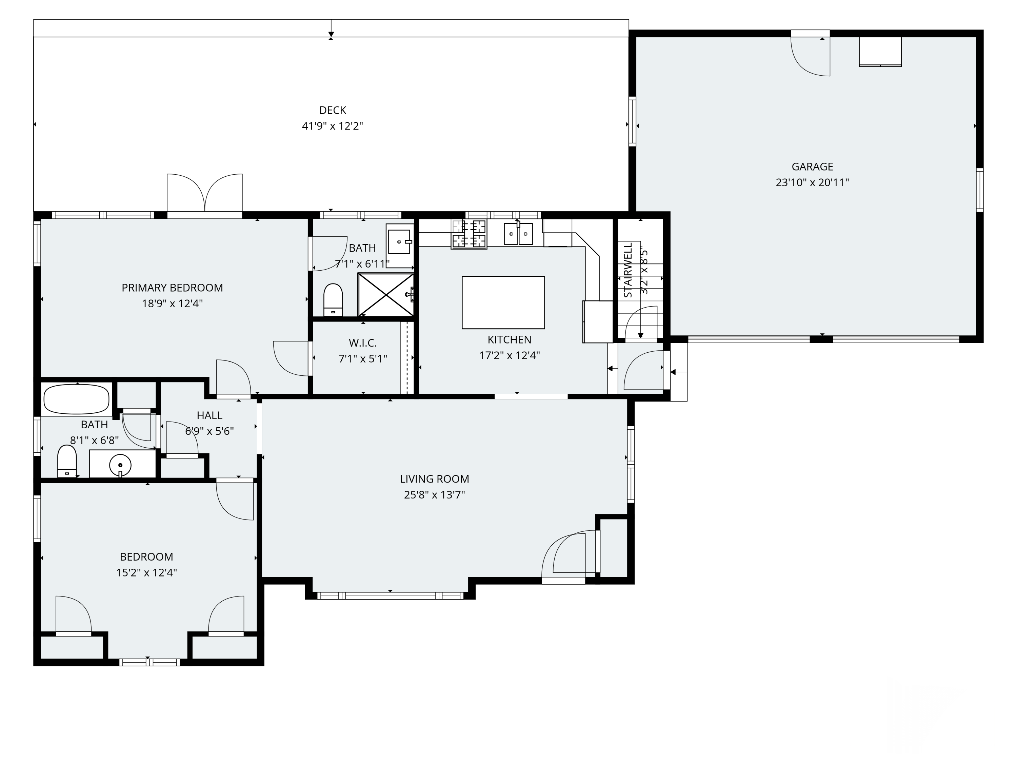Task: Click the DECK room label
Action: [333, 110]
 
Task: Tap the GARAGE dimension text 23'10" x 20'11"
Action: [812, 182]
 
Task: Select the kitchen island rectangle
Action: [503, 302]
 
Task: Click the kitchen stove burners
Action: [469, 234]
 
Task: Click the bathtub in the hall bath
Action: [76, 399]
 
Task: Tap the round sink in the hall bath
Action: [120, 466]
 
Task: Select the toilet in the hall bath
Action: [67, 461]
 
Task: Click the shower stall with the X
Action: [386, 295]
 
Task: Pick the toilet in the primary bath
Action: [333, 300]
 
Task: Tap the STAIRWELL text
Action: [628, 270]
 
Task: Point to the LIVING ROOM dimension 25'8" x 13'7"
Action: [435, 495]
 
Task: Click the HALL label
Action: [209, 416]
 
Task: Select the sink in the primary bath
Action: [399, 241]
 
